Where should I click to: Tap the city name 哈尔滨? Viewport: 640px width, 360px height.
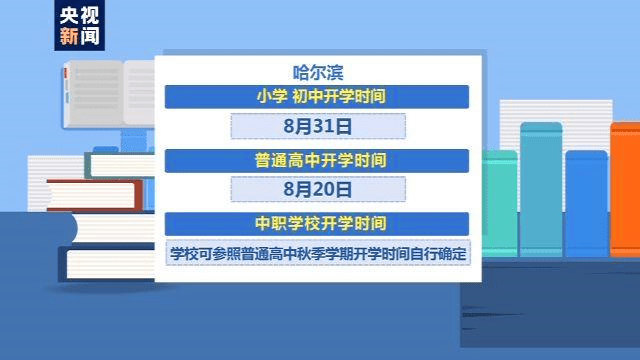coord(318,71)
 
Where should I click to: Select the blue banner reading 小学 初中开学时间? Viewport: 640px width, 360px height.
coord(318,97)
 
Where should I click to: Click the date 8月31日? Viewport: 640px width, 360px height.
coord(318,128)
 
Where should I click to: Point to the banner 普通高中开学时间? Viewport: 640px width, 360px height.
coord(318,160)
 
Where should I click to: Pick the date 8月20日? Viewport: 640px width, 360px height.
coord(318,189)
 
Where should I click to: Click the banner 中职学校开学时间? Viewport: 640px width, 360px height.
coord(318,222)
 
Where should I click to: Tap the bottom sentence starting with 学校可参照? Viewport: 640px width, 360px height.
coord(318,252)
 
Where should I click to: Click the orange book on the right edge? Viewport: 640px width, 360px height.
coord(626,200)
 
